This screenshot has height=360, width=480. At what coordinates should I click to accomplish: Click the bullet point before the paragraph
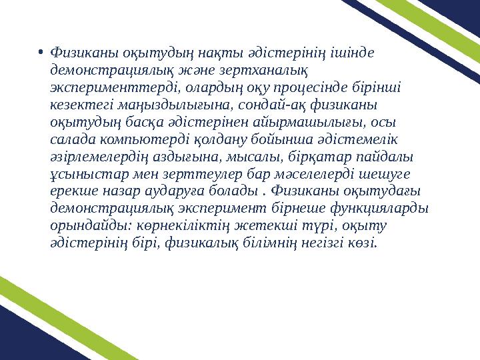[41, 51]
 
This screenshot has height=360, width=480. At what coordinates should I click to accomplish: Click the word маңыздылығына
[171, 105]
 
